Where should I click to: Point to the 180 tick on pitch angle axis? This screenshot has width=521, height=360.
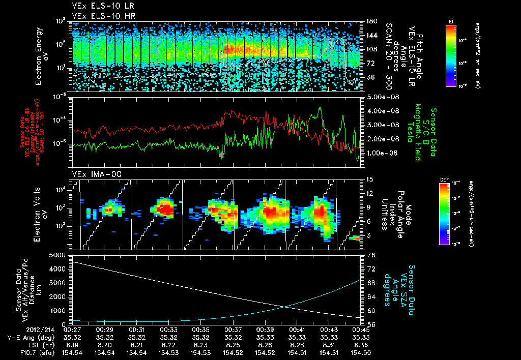pyautogui.click(x=371, y=21)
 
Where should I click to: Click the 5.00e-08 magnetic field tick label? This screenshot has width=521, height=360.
pyautogui.click(x=381, y=97)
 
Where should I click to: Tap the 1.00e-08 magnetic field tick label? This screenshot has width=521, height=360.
pyautogui.click(x=381, y=153)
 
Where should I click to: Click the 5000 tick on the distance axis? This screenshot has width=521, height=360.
pyautogui.click(x=57, y=254)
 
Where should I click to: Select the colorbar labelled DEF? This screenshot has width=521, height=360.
pyautogui.click(x=443, y=214)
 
